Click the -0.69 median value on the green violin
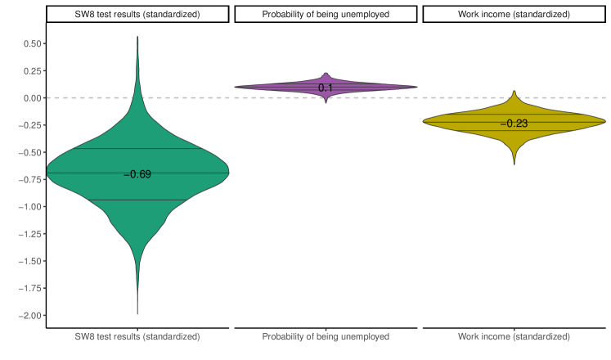(x=137, y=174)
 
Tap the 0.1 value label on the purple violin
(x=326, y=88)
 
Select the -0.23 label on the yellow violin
(x=513, y=124)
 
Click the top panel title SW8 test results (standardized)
(x=137, y=14)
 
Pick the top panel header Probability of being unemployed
(x=326, y=14)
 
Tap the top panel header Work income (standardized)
(x=513, y=14)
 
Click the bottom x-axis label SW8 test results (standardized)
(x=137, y=336)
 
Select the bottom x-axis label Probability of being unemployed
(x=326, y=336)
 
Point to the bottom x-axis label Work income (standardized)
(x=513, y=336)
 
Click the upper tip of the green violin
(x=137, y=37)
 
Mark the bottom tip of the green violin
(x=137, y=313)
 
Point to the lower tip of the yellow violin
(x=514, y=164)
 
